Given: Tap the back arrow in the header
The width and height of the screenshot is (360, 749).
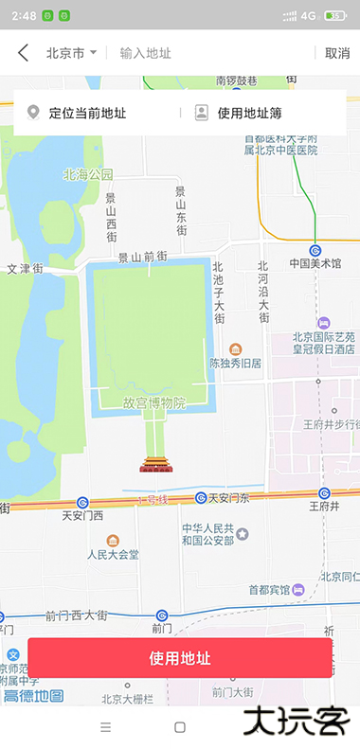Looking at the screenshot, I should (x=23, y=53).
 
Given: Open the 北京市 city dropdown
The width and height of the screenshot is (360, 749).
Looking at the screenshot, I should (x=71, y=53).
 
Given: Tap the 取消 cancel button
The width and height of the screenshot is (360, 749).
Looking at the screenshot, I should (x=337, y=53).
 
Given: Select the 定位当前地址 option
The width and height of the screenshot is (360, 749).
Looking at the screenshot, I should (x=87, y=114).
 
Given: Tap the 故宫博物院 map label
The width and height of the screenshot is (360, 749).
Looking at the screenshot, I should (x=153, y=402).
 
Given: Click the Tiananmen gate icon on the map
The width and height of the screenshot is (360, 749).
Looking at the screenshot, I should (x=153, y=463).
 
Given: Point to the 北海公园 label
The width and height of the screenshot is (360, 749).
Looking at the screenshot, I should (x=88, y=174).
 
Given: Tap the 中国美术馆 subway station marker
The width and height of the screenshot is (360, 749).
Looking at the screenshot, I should (x=315, y=250).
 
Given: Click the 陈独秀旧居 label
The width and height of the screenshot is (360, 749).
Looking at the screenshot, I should (x=236, y=362).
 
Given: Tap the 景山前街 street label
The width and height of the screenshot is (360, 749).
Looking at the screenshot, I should (x=142, y=257).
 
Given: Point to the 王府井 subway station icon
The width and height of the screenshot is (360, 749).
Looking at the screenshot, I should (x=324, y=493).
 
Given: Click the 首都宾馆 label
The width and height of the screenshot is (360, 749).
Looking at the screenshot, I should (x=272, y=589).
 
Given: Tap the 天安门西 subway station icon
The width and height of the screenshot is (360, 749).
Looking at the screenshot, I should (x=83, y=502).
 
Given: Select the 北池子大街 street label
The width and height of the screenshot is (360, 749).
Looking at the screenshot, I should (x=218, y=294).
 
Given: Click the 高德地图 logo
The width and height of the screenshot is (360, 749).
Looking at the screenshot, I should (x=33, y=696).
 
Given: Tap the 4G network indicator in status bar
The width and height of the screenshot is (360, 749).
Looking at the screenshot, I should (x=308, y=16).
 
